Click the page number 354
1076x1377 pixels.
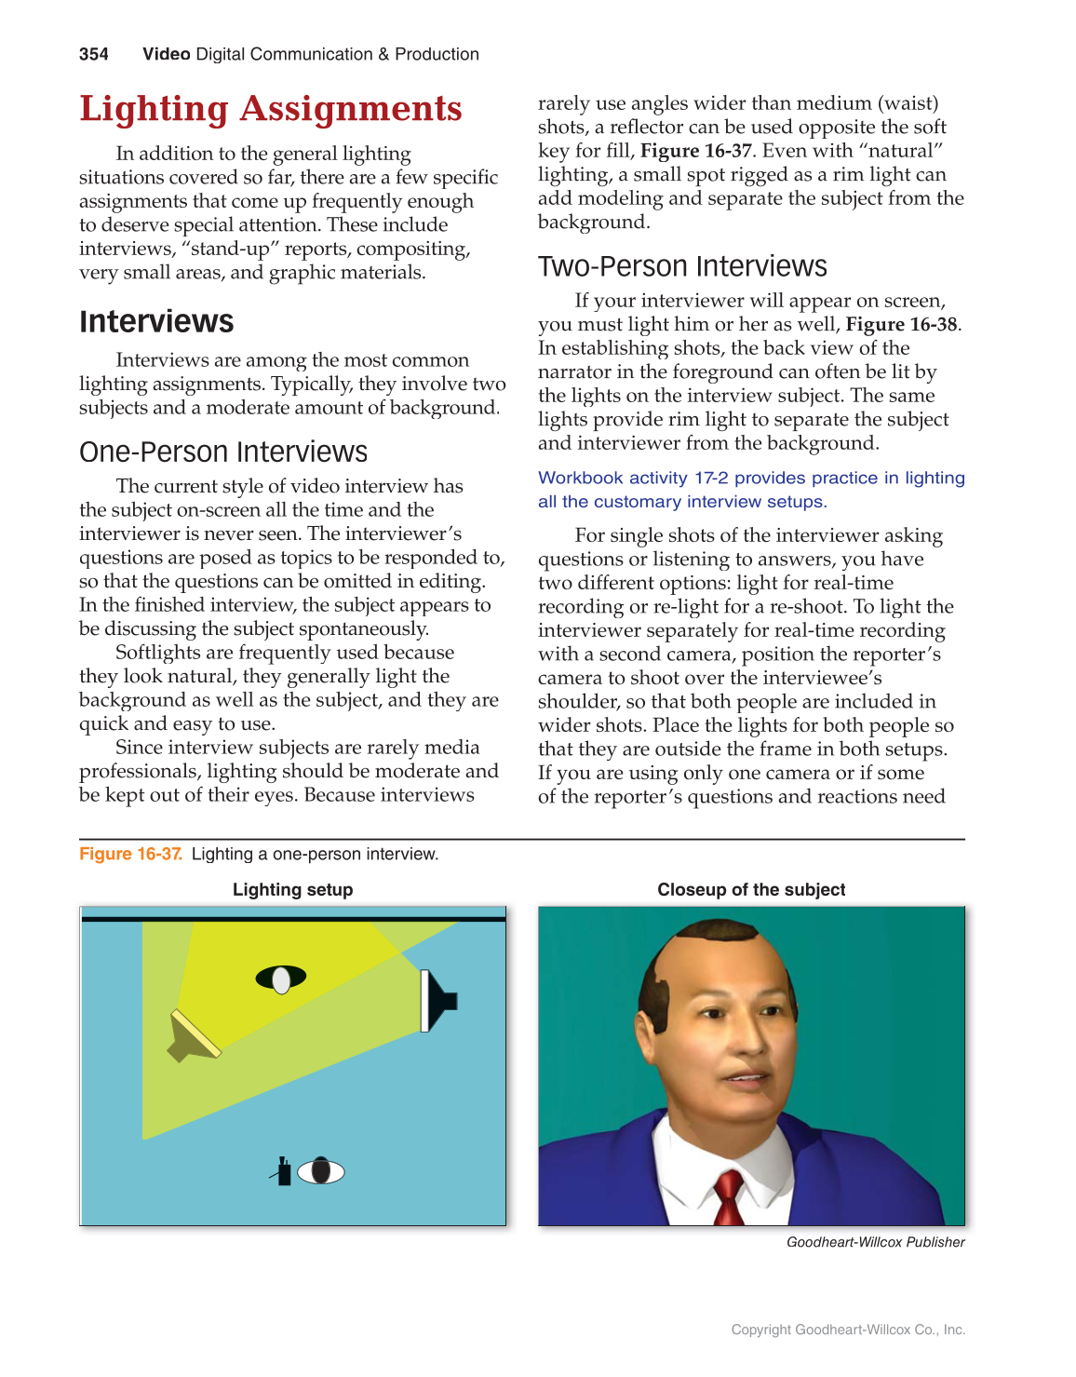pyautogui.click(x=93, y=54)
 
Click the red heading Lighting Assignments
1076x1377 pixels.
pyautogui.click(x=270, y=109)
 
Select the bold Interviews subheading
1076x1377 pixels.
pyautogui.click(x=156, y=321)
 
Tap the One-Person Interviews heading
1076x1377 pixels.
pyautogui.click(x=223, y=452)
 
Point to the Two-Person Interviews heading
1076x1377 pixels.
pyautogui.click(x=682, y=266)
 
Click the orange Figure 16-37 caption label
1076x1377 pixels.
pyautogui.click(x=130, y=854)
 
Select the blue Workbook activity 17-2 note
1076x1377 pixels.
pyautogui.click(x=750, y=490)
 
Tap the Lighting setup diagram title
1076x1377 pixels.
pyautogui.click(x=292, y=889)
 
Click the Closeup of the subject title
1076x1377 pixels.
pyautogui.click(x=751, y=889)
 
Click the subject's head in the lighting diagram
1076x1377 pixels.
pyautogui.click(x=281, y=979)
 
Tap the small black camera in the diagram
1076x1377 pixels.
pyautogui.click(x=283, y=1171)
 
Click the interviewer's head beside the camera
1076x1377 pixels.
pyautogui.click(x=321, y=1170)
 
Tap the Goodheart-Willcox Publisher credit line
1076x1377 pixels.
pyautogui.click(x=875, y=1242)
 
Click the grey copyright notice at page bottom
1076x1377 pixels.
pyautogui.click(x=848, y=1330)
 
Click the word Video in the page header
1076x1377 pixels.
pyautogui.click(x=166, y=54)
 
